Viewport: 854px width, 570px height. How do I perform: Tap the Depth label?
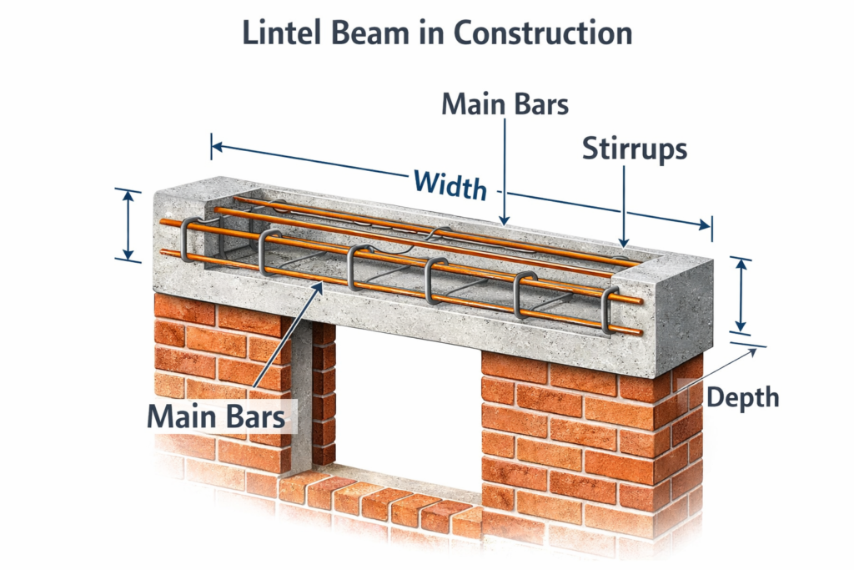[742, 397]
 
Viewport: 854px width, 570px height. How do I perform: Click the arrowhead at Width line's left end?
[215, 147]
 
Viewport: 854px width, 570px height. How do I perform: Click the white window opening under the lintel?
[409, 409]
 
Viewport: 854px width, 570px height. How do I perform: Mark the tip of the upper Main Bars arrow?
[505, 223]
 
